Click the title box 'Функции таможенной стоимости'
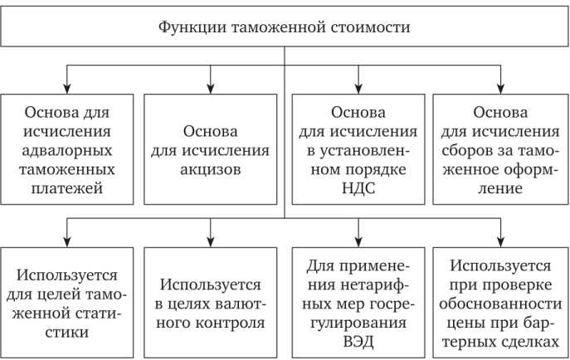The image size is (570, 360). click(285, 27)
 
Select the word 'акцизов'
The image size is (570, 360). click(211, 169)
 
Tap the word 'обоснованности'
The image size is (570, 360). click(501, 302)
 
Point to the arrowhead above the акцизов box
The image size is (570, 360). click(211, 88)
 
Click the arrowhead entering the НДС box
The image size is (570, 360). click(358, 88)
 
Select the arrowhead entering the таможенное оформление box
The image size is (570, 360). click(501, 88)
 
